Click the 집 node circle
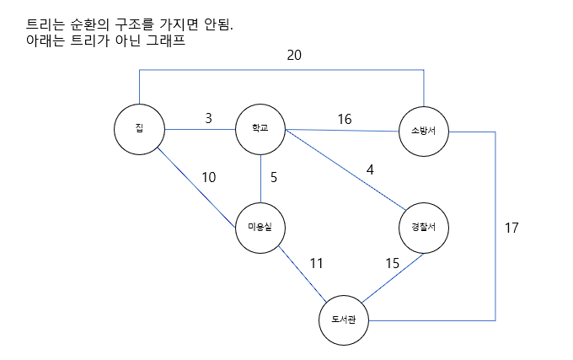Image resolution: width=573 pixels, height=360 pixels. click(x=139, y=129)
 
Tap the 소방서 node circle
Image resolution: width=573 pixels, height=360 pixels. click(x=424, y=131)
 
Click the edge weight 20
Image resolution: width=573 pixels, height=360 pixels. click(x=293, y=56)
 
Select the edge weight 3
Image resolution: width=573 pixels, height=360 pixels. click(x=208, y=118)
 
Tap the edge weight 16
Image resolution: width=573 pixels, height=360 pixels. click(x=345, y=119)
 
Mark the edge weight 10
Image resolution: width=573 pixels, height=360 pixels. click(x=209, y=177)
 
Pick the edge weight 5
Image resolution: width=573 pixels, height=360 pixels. click(x=274, y=178)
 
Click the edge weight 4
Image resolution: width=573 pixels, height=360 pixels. click(x=369, y=169)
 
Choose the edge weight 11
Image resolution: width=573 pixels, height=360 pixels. click(x=316, y=263)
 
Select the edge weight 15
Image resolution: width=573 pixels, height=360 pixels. click(x=393, y=263)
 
